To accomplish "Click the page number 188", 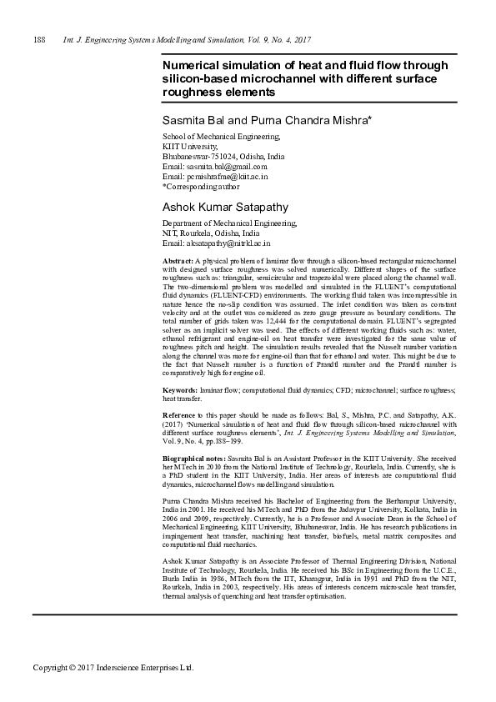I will tap(38, 40).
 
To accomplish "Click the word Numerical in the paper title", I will tap(193, 65).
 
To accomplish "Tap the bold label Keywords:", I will tap(179, 390).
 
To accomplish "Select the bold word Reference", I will tap(179, 414).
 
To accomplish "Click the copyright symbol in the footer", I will tap(68, 668).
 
